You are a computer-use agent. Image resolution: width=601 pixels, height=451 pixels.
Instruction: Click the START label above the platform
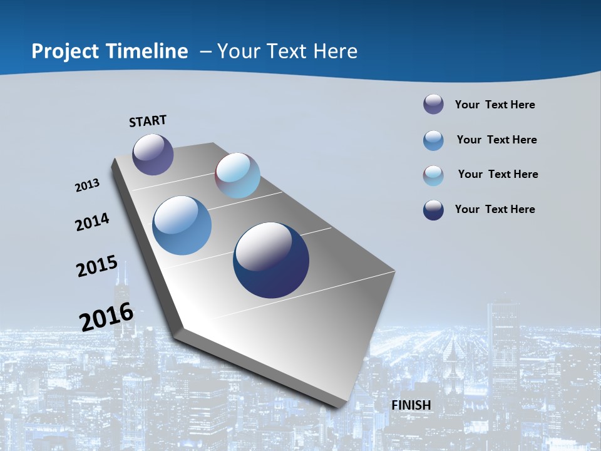coord(148,120)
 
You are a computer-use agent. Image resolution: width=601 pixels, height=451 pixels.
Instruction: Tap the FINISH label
coord(411,405)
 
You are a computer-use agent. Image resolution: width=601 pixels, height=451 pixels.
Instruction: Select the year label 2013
coord(88,185)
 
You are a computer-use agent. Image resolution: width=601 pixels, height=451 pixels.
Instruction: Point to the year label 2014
coord(93,222)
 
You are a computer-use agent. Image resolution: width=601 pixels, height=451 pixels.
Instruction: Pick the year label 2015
coord(97,266)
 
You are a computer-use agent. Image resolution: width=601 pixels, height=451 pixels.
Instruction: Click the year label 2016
coord(106,316)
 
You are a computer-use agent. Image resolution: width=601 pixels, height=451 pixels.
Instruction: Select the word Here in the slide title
coord(336,51)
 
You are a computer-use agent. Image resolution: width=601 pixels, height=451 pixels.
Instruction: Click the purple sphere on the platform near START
coord(153,154)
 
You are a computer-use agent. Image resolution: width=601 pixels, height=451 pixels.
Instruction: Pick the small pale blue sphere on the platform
coord(237,175)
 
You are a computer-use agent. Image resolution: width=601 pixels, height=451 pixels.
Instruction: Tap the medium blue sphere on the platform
coord(182,225)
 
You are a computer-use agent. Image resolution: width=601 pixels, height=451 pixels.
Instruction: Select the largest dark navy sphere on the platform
coord(271,260)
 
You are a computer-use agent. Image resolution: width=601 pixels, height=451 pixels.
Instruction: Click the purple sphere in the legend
coord(433,105)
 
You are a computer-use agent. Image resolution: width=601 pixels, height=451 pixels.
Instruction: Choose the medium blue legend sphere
coord(433,140)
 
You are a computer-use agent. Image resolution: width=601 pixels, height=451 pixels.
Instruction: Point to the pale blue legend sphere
coord(433,175)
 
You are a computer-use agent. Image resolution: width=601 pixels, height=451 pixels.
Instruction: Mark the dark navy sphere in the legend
coord(433,210)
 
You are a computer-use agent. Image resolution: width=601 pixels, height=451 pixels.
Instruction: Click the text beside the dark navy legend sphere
coord(495,209)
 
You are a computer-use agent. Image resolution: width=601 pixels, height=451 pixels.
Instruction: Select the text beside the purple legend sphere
coord(495,105)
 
